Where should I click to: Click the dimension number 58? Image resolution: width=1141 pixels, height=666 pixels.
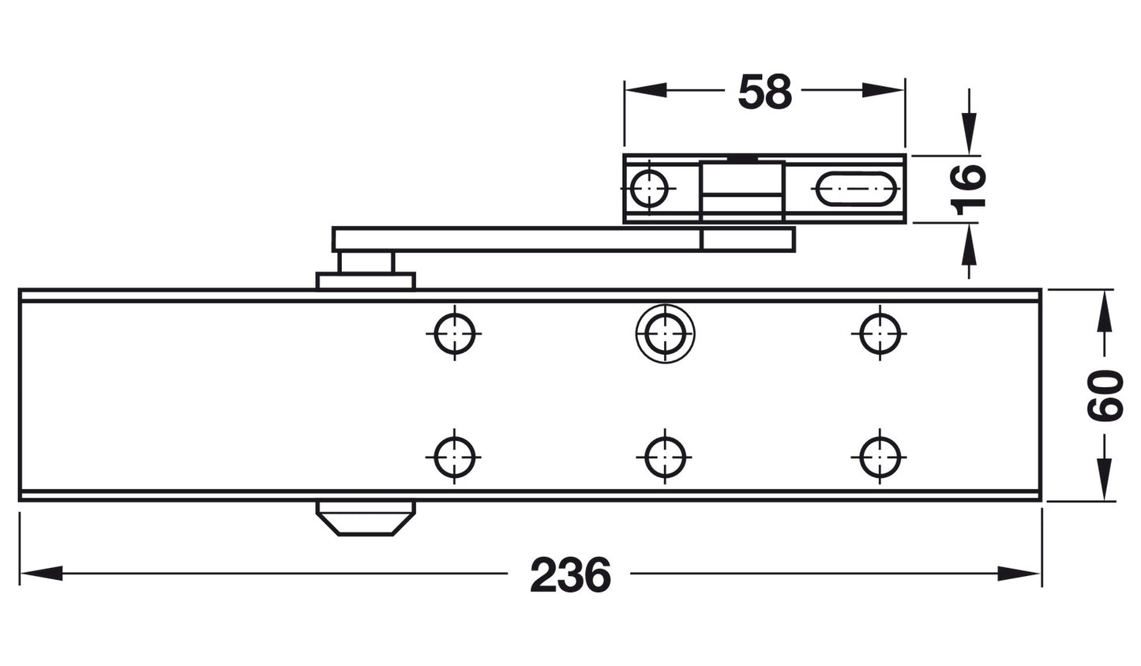pyautogui.click(x=764, y=92)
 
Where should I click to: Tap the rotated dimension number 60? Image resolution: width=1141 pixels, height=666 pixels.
pyautogui.click(x=1104, y=396)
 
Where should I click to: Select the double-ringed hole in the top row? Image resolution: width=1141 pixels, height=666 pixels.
pyautogui.click(x=665, y=333)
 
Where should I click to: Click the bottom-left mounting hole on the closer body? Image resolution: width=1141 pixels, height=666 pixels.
pyautogui.click(x=455, y=457)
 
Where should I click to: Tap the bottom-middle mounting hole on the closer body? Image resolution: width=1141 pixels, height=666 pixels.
pyautogui.click(x=665, y=457)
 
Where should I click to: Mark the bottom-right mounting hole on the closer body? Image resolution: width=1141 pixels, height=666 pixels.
pyautogui.click(x=879, y=457)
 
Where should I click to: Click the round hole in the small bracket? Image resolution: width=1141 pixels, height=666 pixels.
pyautogui.click(x=649, y=189)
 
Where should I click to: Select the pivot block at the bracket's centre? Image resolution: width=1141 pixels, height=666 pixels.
pyautogui.click(x=741, y=190)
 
